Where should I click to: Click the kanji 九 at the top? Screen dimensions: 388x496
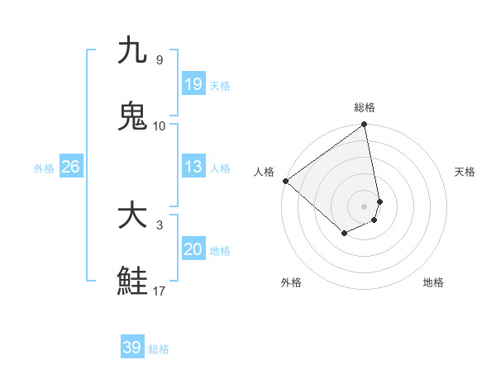(132, 51)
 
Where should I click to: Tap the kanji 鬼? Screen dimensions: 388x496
(132, 116)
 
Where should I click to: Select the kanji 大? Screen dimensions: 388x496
(132, 216)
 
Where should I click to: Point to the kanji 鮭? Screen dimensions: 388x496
(132, 281)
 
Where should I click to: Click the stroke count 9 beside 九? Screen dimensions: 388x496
(159, 60)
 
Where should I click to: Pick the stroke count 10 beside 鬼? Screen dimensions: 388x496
(160, 125)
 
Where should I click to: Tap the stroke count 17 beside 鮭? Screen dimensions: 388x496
(160, 291)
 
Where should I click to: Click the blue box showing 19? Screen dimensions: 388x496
(193, 84)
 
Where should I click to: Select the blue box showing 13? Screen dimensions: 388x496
(193, 167)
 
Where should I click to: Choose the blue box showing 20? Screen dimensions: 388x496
(193, 249)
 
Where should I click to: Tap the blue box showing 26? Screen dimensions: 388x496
(70, 167)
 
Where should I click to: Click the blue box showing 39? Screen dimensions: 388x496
(132, 348)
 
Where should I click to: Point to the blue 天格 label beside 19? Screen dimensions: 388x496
(220, 86)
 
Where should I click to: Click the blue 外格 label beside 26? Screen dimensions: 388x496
(44, 168)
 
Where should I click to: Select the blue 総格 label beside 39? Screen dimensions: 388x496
(159, 349)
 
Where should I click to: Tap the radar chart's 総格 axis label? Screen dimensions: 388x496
(365, 107)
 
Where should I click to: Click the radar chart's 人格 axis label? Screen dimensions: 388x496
(265, 172)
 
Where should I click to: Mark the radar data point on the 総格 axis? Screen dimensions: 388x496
(364, 125)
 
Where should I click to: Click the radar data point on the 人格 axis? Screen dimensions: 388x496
(285, 181)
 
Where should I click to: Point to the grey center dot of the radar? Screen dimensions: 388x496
(364, 206)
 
